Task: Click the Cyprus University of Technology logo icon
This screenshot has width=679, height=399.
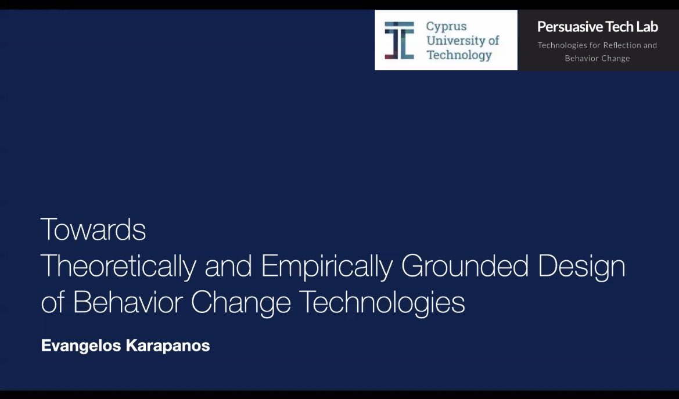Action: pos(399,41)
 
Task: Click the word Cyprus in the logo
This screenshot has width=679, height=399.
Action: pos(446,26)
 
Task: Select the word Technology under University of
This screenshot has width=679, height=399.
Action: pos(459,55)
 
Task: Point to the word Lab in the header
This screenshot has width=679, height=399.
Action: pos(646,27)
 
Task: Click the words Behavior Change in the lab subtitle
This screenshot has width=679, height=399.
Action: pos(597,58)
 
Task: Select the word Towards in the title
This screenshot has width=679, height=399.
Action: pos(93,230)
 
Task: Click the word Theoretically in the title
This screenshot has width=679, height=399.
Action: pos(118,267)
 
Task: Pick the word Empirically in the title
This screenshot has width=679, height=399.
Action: pos(327,267)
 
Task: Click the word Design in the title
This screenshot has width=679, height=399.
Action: pos(581,267)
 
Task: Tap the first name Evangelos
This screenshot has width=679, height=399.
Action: pos(76,347)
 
